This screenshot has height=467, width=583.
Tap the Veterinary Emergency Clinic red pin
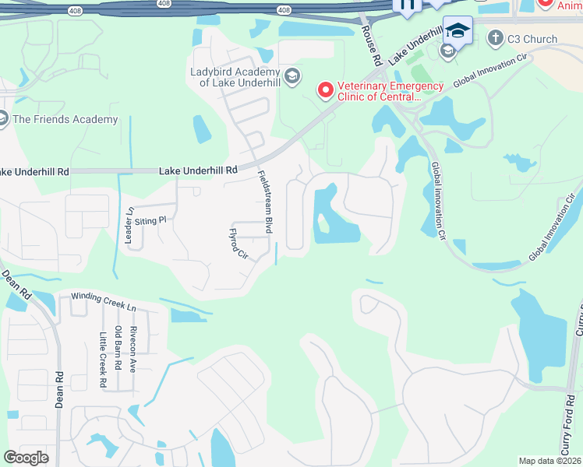tap(326, 91)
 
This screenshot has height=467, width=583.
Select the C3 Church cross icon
tap(495, 38)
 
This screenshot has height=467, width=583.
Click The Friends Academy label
tap(65, 119)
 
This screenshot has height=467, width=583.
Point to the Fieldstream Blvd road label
tap(266, 202)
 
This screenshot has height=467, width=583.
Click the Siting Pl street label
tap(151, 221)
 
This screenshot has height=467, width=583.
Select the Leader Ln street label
tap(129, 226)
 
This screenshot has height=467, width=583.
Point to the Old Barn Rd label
tap(118, 348)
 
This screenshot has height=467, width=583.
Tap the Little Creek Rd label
tap(102, 360)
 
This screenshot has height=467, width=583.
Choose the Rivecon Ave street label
tap(133, 349)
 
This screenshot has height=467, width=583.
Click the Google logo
tap(26, 458)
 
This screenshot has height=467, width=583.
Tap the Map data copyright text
tap(549, 461)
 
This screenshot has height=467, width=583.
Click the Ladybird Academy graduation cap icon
tap(291, 75)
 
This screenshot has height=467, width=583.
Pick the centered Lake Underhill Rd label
tap(198, 170)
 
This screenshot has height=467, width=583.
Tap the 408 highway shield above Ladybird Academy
tap(284, 9)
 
